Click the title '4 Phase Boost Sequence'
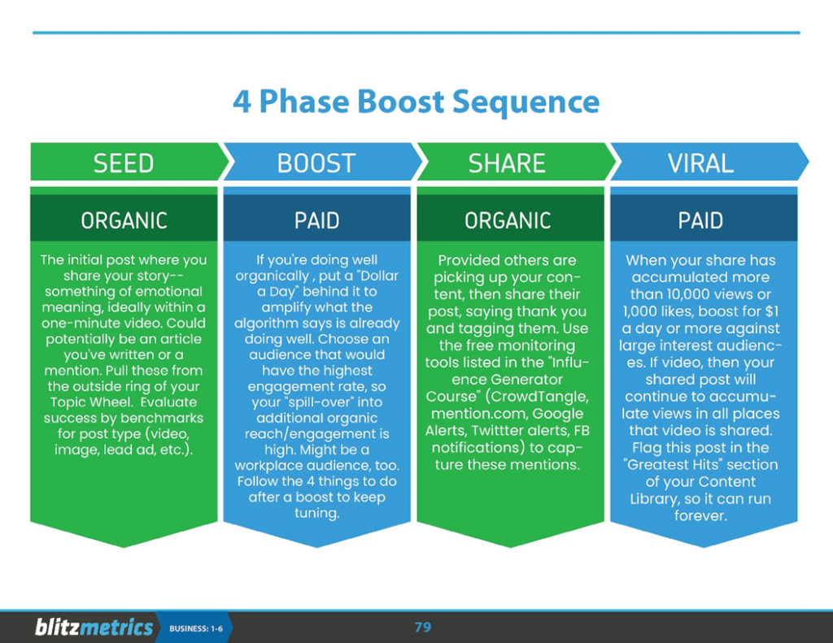(x=416, y=103)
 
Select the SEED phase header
(x=124, y=163)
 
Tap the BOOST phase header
(x=316, y=163)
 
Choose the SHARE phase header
(x=506, y=163)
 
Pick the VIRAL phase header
(x=700, y=163)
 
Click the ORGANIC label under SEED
(x=124, y=220)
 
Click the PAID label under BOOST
(x=316, y=220)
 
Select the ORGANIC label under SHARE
(x=508, y=220)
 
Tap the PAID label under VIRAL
(x=701, y=220)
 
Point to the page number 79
(x=423, y=627)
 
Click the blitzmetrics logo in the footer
(x=94, y=628)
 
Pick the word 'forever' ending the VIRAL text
(x=700, y=515)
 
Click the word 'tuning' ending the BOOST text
(x=316, y=513)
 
